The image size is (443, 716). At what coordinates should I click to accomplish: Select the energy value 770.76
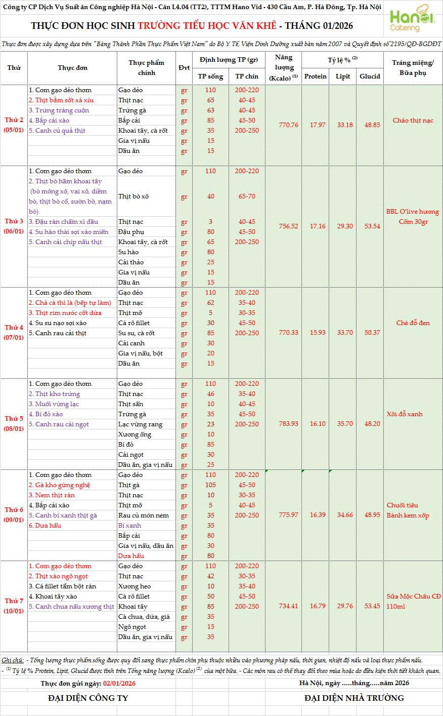289,125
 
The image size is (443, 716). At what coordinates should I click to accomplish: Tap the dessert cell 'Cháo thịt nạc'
413,121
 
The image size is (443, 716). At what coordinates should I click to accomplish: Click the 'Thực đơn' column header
72,68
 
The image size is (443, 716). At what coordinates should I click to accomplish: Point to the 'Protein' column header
316,76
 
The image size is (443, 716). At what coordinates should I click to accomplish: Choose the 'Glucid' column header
370,76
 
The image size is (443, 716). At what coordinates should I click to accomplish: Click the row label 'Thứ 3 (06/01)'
14,226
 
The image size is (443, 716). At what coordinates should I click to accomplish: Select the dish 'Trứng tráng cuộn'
59,110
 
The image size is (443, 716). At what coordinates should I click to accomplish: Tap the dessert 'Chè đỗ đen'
413,323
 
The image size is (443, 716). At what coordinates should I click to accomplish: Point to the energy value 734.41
289,606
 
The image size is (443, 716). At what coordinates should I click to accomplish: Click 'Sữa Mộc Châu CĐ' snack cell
413,596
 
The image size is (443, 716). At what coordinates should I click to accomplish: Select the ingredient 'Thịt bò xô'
134,196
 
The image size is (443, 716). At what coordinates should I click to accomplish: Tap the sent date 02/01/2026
119,683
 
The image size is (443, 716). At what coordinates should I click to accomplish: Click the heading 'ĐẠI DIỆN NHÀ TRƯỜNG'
354,698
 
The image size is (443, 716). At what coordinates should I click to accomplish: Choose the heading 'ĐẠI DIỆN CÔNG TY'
88,698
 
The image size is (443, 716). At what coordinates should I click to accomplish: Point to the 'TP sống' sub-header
210,76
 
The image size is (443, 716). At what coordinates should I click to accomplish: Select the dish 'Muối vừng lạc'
54,404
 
